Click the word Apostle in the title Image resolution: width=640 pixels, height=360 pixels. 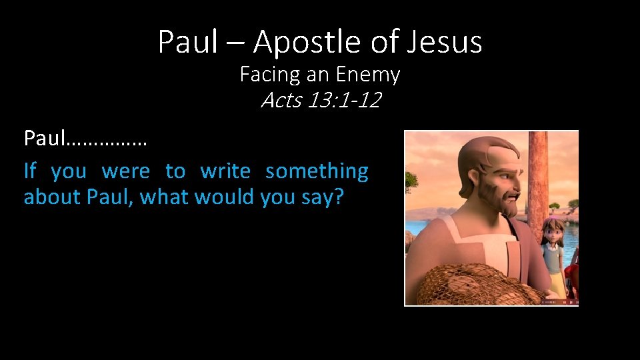click(306, 43)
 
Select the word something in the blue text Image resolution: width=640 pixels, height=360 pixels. click(317, 171)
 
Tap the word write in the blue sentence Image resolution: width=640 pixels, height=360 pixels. click(225, 171)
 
